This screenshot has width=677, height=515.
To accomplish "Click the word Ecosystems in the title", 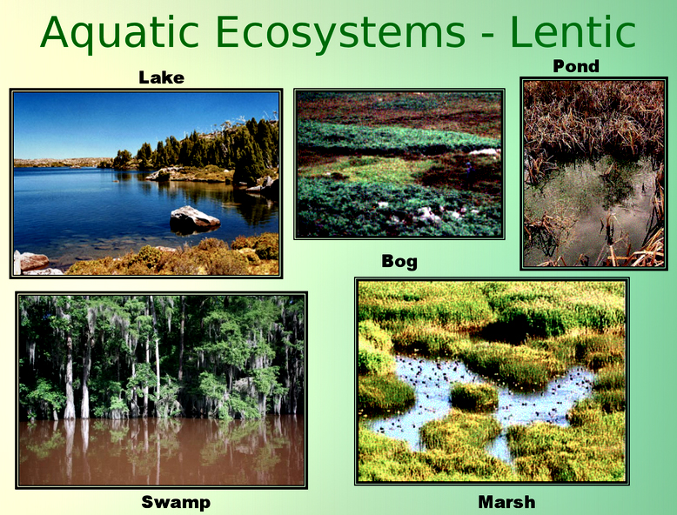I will [340, 32].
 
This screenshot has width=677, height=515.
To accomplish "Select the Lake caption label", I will [161, 77].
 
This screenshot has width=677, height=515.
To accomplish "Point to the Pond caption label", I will [576, 66].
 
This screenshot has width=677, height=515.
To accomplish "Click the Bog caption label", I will [399, 261].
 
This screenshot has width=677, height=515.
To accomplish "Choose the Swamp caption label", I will [176, 502].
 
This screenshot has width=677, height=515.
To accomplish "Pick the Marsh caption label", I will [506, 502].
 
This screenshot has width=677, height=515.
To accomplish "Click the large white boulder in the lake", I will [193, 218].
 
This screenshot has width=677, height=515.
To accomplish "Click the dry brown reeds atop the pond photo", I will [592, 113].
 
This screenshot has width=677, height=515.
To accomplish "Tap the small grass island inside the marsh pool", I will [474, 396].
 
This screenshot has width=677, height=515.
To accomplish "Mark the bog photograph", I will [399, 164].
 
